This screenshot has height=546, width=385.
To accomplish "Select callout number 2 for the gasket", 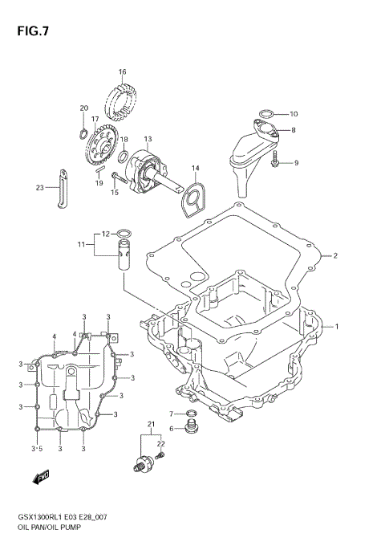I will coord(335,256).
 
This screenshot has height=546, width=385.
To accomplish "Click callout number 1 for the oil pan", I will coord(337,326).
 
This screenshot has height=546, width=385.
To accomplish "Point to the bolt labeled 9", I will coord(275,162).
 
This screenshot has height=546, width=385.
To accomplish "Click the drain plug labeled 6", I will coord(192,426).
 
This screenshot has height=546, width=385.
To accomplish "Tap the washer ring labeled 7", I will coord(190,414).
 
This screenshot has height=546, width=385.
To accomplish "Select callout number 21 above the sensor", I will coord(149,423).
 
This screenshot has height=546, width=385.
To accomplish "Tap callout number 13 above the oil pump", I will coord(147,138).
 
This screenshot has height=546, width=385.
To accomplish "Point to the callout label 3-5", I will coord(36,448).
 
